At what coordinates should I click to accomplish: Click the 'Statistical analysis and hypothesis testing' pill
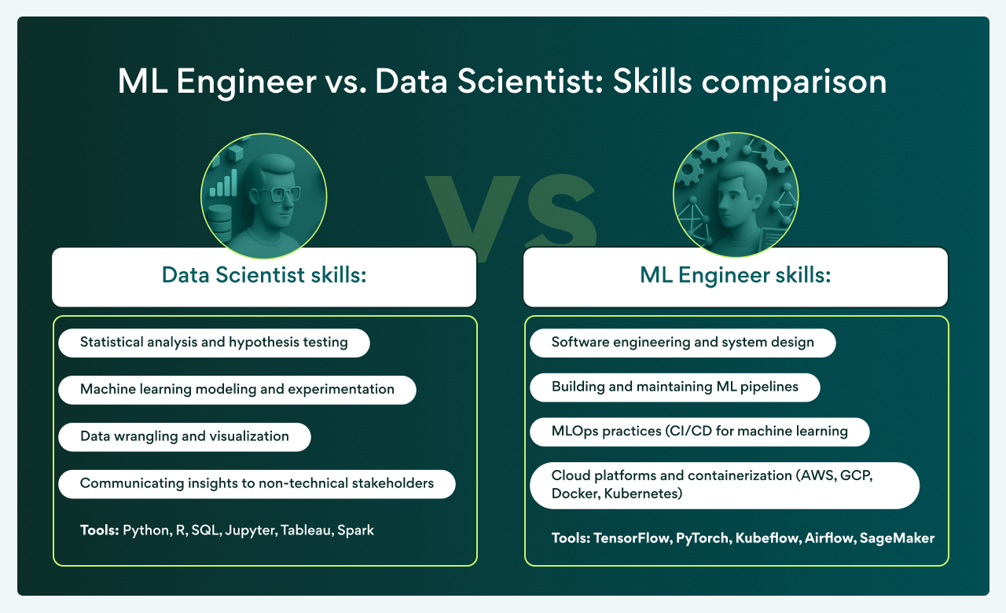(x=214, y=343)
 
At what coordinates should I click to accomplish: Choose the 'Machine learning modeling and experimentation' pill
(x=237, y=389)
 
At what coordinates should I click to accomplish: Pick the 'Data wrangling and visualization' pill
(x=185, y=436)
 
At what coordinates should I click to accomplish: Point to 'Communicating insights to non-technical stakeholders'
(x=257, y=483)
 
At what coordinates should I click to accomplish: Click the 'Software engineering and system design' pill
(x=682, y=343)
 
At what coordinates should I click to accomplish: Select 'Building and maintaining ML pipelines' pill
(x=674, y=387)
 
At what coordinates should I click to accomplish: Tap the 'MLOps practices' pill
(x=699, y=431)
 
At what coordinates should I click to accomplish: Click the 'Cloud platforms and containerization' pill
(x=724, y=485)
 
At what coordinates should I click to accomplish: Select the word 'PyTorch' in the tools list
(x=702, y=538)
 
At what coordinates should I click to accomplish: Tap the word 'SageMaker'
(x=897, y=538)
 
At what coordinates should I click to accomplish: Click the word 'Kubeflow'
(x=766, y=538)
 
